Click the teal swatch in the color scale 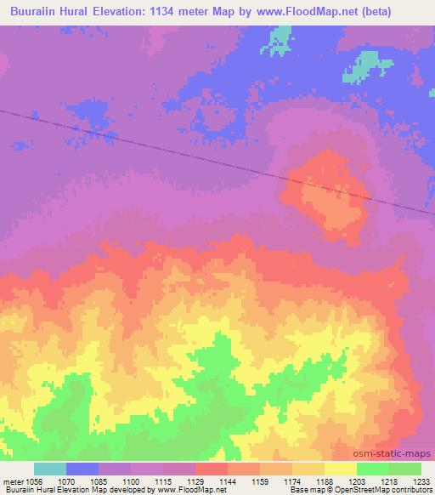pos(50,469)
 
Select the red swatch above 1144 pos(212,469)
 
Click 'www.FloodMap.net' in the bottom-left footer pos(184,491)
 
